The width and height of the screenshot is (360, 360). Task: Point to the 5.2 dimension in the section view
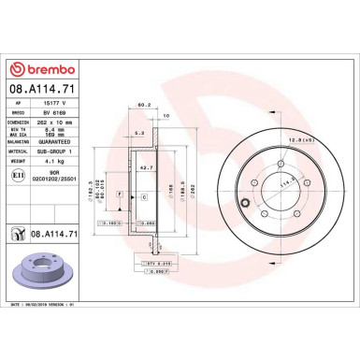(x=138, y=134)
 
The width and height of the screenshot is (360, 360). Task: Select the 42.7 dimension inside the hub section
(x=148, y=166)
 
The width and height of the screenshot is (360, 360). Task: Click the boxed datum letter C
(x=144, y=197)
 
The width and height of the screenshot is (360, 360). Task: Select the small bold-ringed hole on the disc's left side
(x=246, y=203)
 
